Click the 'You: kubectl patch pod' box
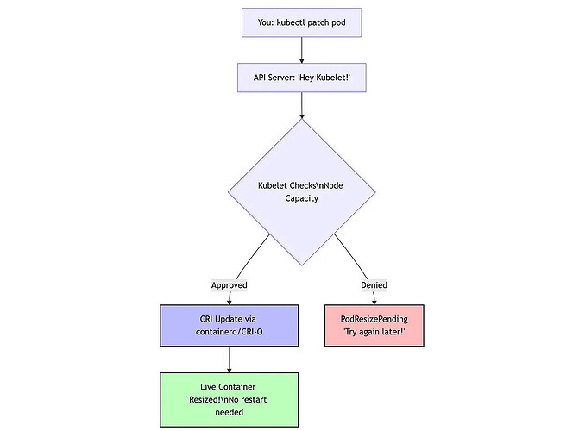(x=302, y=22)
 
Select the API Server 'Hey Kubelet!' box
(x=302, y=78)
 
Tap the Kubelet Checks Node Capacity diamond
(x=302, y=192)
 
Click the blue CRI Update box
(x=229, y=326)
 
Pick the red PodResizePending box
(x=374, y=326)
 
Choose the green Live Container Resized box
(x=229, y=400)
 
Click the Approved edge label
(x=230, y=285)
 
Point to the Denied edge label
(x=374, y=285)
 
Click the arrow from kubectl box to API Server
(x=302, y=50)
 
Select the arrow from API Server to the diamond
(x=302, y=105)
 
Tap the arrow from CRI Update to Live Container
(x=230, y=359)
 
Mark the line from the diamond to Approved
(x=252, y=256)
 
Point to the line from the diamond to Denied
(x=352, y=256)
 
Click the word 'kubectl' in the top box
(x=291, y=22)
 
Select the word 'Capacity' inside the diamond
(x=302, y=198)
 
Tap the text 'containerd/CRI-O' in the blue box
(x=230, y=332)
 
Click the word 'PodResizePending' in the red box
(x=374, y=319)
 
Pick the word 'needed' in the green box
(x=230, y=412)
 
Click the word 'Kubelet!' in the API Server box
(x=333, y=78)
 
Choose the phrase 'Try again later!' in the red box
(x=374, y=332)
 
